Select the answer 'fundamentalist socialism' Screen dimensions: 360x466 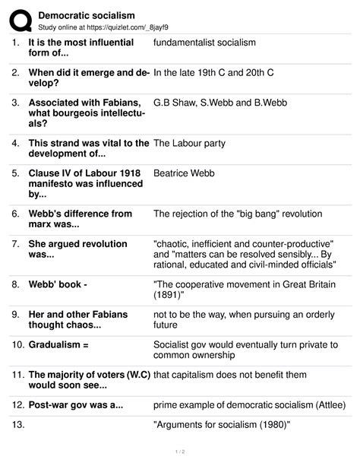click(x=204, y=43)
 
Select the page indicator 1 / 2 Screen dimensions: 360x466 click(x=180, y=455)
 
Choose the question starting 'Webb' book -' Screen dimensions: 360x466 click(x=65, y=284)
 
